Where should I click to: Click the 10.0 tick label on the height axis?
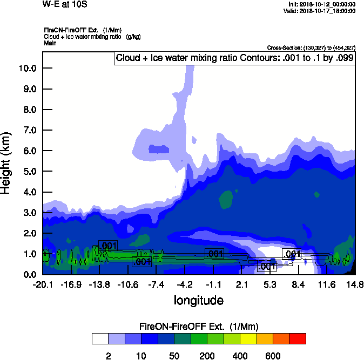click(27, 69)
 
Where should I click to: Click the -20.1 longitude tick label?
click(43, 285)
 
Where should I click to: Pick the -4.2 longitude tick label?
click(185, 285)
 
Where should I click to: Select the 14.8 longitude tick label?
click(355, 285)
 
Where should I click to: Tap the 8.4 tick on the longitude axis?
click(299, 285)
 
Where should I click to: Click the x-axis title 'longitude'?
click(198, 300)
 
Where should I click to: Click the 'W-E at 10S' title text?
click(65, 4)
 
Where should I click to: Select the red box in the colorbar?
click(298, 339)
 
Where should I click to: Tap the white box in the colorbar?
click(99, 339)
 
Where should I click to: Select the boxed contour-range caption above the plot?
click(234, 58)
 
